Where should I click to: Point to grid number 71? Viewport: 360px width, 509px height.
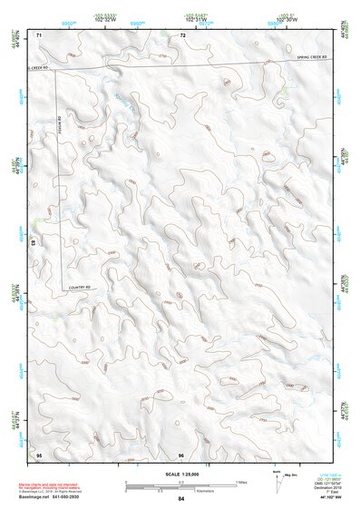pyautogui.click(x=39, y=34)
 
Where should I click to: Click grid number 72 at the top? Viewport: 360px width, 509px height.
pyautogui.click(x=182, y=34)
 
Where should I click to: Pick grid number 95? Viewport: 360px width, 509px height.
pyautogui.click(x=39, y=453)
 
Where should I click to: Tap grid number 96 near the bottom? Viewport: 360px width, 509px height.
pyautogui.click(x=181, y=453)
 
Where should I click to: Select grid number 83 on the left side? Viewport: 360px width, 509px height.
pyautogui.click(x=34, y=245)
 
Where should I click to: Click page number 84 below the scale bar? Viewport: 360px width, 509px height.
pyautogui.click(x=181, y=499)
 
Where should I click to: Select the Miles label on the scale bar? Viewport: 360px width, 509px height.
pyautogui.click(x=241, y=481)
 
